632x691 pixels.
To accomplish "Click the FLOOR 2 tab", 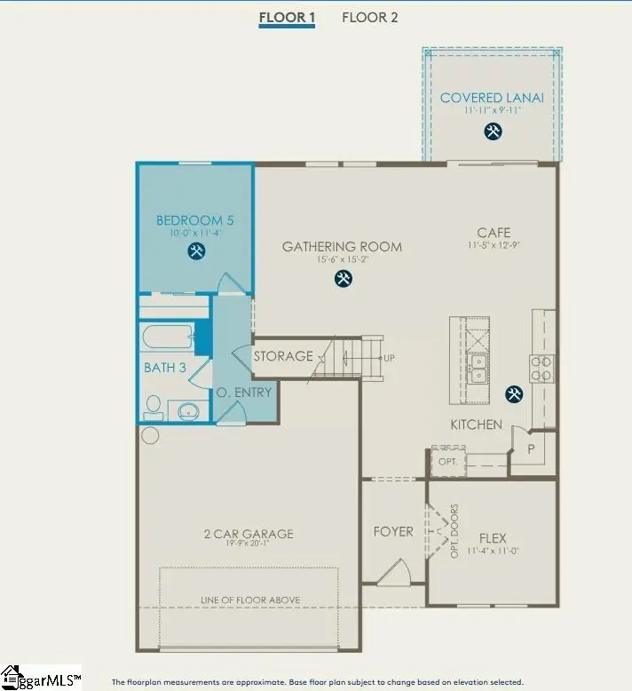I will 369,17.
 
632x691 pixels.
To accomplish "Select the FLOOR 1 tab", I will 287,17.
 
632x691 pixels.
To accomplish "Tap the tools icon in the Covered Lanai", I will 493,131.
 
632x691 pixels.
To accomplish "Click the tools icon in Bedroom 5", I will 195,251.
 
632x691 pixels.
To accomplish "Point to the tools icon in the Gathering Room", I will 343,278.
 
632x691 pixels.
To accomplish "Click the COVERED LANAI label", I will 492,98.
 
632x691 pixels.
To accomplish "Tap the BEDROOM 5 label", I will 195,220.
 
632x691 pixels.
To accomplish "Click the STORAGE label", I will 283,356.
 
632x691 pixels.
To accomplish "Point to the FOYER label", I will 393,531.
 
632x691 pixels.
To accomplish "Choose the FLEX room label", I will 493,537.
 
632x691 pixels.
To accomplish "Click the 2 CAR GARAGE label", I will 249,534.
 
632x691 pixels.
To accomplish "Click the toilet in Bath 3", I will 153,409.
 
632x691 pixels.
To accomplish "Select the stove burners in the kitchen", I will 541,368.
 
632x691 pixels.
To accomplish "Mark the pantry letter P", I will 532,448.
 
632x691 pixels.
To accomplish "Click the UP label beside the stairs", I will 389,357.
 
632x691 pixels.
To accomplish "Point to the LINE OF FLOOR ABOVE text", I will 249,600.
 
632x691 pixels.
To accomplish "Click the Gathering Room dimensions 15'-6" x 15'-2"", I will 342,260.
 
